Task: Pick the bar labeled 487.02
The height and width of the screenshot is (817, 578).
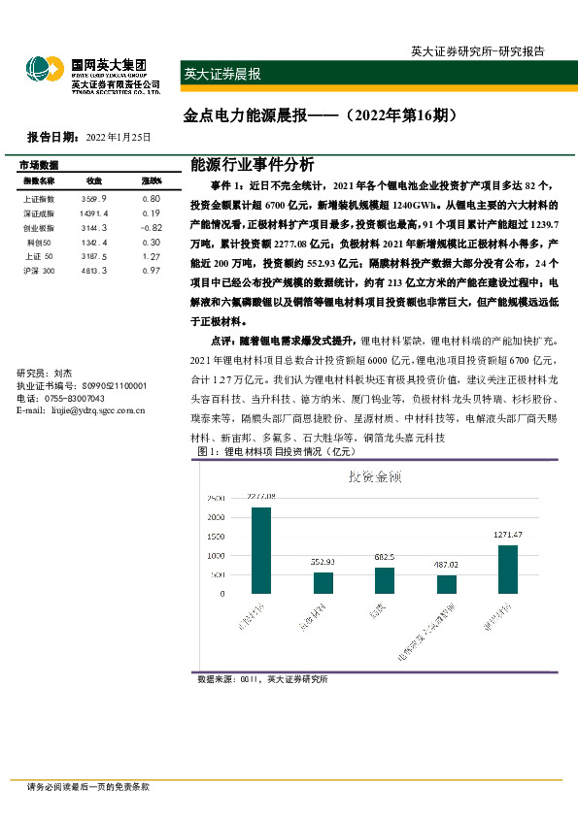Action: (447, 583)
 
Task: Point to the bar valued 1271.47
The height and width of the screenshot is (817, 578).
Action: (508, 568)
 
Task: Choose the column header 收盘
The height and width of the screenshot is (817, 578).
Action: (94, 181)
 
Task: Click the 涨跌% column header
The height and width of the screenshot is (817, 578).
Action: (151, 181)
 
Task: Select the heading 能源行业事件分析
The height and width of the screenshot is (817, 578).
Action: (253, 165)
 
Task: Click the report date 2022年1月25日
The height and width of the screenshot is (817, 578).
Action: (119, 137)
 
